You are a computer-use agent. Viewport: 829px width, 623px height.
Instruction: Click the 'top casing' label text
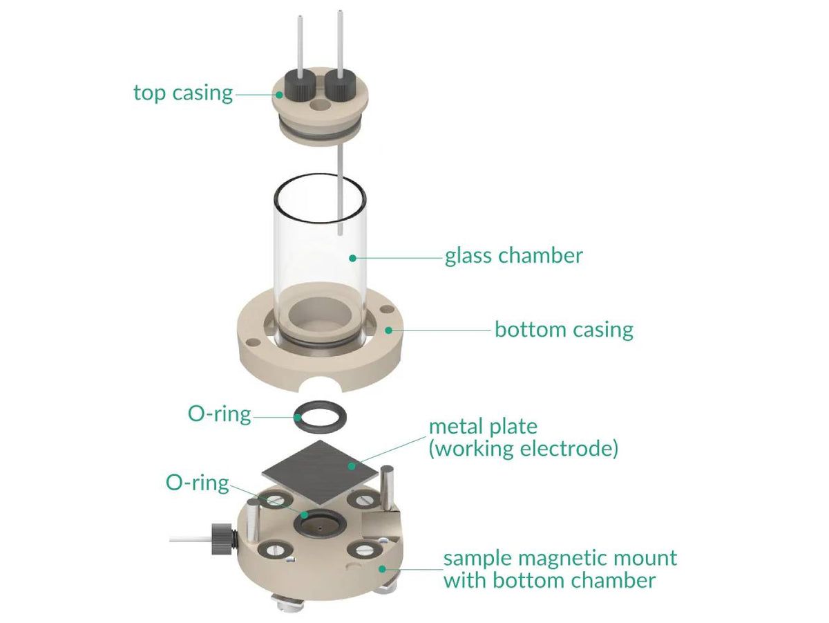pyautogui.click(x=183, y=93)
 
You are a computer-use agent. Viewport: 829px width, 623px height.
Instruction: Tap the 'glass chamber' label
pyautogui.click(x=513, y=256)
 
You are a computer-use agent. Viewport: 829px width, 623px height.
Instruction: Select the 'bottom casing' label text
pyautogui.click(x=564, y=329)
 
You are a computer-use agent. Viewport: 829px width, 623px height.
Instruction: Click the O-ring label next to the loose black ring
pyautogui.click(x=219, y=414)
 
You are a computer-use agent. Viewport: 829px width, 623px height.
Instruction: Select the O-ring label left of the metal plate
pyautogui.click(x=197, y=483)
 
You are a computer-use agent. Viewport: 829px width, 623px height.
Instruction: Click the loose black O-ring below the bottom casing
pyautogui.click(x=319, y=417)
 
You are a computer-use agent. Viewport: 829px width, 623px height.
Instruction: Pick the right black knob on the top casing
pyautogui.click(x=339, y=86)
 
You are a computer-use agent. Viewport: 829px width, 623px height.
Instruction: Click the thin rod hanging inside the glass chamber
pyautogui.click(x=341, y=194)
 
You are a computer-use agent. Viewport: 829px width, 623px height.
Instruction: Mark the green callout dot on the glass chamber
pyautogui.click(x=352, y=257)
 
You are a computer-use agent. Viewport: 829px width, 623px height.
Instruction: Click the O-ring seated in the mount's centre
pyautogui.click(x=318, y=523)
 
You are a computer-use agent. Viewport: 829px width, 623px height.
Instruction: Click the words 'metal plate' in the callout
pyautogui.click(x=483, y=426)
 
